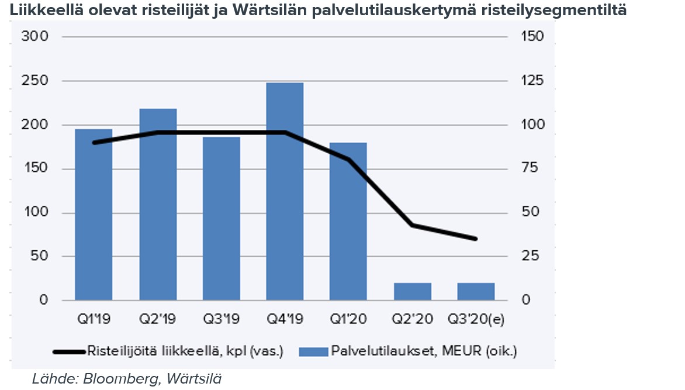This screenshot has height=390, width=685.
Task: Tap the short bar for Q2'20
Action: (x=413, y=291)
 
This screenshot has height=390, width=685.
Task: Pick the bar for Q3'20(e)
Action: (x=476, y=291)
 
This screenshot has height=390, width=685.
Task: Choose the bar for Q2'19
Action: (x=158, y=204)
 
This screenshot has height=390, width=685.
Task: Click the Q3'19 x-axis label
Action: (x=221, y=319)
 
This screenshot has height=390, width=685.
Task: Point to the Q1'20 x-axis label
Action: (x=348, y=319)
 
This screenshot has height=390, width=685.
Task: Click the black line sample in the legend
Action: (x=69, y=351)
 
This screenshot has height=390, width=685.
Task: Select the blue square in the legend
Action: (x=313, y=351)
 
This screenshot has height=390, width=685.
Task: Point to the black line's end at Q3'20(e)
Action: (x=476, y=239)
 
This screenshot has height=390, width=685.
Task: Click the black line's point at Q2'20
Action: (x=413, y=225)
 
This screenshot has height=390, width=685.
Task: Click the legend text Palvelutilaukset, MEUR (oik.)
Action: (x=424, y=351)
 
